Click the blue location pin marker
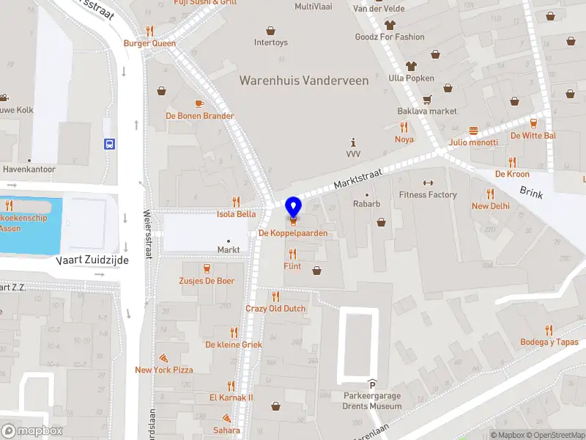tap(293, 208)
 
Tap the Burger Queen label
tap(149, 43)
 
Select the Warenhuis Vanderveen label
tap(304, 81)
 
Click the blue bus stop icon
tap(109, 144)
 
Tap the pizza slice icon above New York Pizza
tap(164, 358)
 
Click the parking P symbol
tap(372, 385)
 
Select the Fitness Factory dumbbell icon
tap(428, 183)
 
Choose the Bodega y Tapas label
tap(549, 342)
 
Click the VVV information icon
tap(354, 142)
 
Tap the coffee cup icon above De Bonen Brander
tap(199, 103)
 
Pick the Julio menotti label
tap(473, 142)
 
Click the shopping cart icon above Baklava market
tap(427, 99)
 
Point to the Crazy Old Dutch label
tap(275, 309)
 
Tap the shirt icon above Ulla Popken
tap(411, 66)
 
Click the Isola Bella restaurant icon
tap(236, 202)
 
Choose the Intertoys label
tap(271, 43)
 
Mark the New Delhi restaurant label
tap(490, 206)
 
